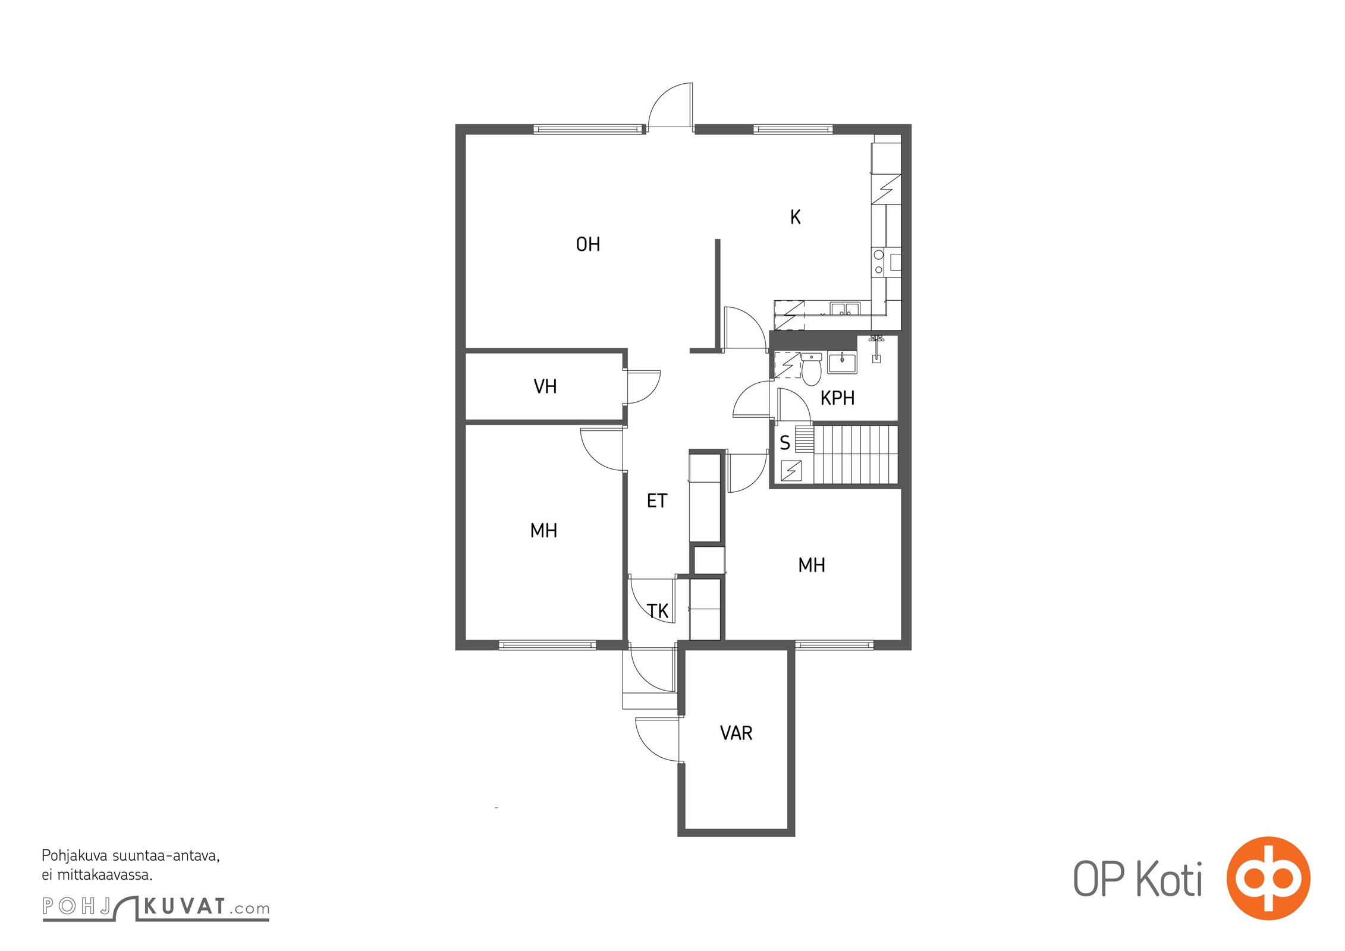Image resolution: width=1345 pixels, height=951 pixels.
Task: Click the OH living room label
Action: [x=587, y=244]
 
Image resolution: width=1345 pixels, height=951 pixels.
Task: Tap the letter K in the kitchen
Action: [x=795, y=218]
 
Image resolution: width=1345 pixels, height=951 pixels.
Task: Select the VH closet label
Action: [x=545, y=387]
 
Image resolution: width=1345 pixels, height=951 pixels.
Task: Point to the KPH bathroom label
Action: [x=837, y=398]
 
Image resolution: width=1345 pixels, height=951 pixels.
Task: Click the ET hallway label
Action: [x=656, y=501]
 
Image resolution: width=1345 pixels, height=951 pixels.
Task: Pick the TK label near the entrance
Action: [x=658, y=611]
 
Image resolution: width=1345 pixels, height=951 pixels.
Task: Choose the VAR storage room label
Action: [x=736, y=733]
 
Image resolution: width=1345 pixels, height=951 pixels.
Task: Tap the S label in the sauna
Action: [x=785, y=443]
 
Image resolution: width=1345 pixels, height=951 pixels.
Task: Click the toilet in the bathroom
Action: [x=811, y=369]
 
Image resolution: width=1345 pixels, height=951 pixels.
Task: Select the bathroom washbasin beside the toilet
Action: [x=842, y=363]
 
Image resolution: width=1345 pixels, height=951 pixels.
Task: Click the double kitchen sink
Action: [x=845, y=309]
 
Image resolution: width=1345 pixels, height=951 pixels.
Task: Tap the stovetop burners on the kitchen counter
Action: [x=879, y=263]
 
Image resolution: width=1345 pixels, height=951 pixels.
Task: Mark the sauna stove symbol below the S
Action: [x=791, y=471]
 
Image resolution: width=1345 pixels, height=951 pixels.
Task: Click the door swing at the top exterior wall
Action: [x=670, y=105]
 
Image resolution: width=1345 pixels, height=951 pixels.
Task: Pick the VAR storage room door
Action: [x=657, y=739]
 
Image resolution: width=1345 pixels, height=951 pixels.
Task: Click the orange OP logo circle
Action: [x=1268, y=878]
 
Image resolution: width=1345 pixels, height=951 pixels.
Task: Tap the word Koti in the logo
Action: [x=1169, y=880]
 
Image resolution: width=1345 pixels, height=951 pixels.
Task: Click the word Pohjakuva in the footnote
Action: [x=74, y=856]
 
